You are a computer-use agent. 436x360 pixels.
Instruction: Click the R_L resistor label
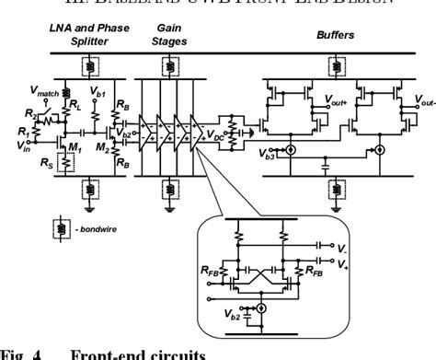[70, 105]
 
